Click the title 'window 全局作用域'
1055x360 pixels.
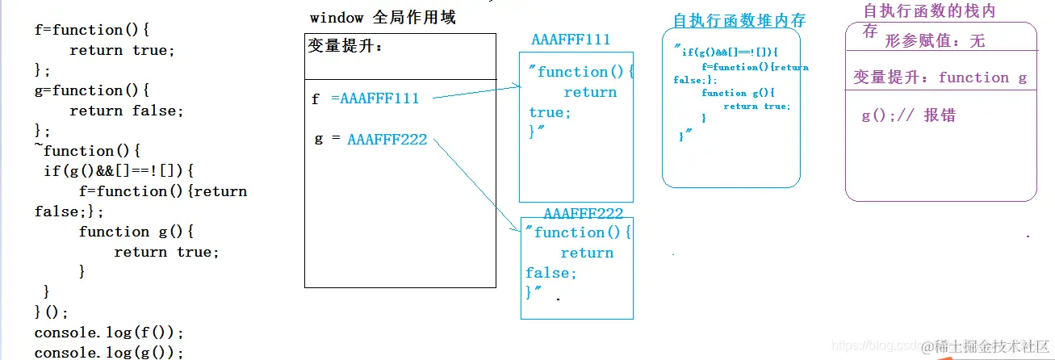[382, 17]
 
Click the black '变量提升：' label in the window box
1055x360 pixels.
[345, 46]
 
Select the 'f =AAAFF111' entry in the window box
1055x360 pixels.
[366, 98]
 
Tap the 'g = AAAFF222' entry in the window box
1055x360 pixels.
[371, 139]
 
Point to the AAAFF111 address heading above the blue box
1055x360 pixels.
[571, 40]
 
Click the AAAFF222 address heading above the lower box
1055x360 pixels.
[583, 213]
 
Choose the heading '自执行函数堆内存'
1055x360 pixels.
[739, 20]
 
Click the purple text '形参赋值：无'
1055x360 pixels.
[935, 41]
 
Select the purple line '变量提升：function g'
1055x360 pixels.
[940, 77]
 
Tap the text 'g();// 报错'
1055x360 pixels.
[908, 115]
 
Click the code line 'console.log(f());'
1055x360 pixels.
[109, 332]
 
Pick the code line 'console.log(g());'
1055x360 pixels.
[109, 352]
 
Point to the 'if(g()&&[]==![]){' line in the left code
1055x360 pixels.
[119, 171]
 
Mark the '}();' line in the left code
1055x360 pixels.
[52, 312]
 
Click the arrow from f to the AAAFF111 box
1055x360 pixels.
[476, 92]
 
